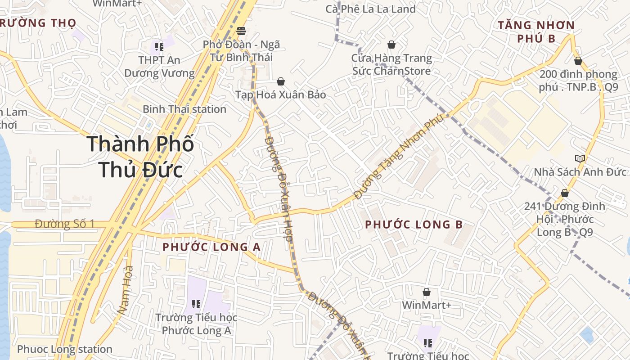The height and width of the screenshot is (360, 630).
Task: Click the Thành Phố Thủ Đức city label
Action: pos(140,157)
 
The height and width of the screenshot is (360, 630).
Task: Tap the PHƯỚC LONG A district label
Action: pos(211,247)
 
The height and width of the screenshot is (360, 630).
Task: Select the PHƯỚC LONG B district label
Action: pos(414,225)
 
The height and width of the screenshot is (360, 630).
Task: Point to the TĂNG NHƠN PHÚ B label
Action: pos(536,31)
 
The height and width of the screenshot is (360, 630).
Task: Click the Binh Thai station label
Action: pos(184,109)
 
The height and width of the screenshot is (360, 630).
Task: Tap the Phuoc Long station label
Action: pos(64,349)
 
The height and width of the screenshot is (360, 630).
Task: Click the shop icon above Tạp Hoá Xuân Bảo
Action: pos(281,81)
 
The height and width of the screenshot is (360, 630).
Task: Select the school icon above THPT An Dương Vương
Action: pos(158,46)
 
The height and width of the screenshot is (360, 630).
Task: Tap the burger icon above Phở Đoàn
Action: pos(241,31)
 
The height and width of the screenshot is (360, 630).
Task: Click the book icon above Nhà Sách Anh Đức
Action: pos(580,158)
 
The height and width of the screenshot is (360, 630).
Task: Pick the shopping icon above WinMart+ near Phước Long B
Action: pos(427,292)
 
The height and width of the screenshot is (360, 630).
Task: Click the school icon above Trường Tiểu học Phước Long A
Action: pos(196,304)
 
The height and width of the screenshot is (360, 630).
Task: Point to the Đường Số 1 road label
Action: pos(65,224)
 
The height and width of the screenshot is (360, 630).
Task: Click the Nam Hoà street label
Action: pos(126,290)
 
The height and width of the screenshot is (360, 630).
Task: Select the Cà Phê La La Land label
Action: pos(370,9)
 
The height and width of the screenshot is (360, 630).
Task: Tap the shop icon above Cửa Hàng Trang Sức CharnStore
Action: pos(391,45)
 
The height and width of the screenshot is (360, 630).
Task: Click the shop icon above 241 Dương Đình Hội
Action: pos(565,193)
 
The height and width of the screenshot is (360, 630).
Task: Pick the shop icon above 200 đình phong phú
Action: pos(578,61)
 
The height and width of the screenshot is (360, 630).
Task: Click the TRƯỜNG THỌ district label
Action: pos(38,23)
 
